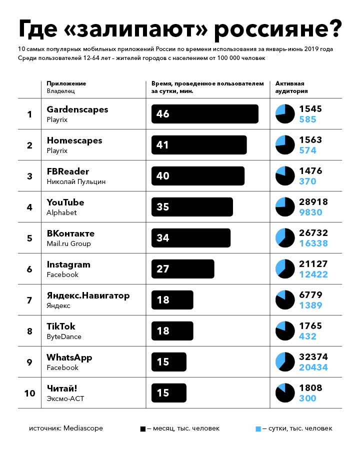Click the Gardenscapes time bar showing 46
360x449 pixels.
tap(204, 114)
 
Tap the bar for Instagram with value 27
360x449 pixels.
tap(182, 269)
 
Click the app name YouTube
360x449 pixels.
tap(65, 202)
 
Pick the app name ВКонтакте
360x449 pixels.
tap(70, 233)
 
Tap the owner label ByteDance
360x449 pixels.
tap(63, 336)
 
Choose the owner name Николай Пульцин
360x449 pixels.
tap(76, 181)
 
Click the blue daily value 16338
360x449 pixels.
tap(313, 243)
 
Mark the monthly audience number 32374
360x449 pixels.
tap(313, 357)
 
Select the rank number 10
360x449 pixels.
tap(29, 393)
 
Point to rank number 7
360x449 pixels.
tap(29, 300)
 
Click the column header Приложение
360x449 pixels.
tap(66, 83)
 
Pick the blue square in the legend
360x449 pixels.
tap(258, 428)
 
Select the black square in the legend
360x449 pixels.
tap(143, 428)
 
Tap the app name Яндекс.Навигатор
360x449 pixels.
tap(88, 295)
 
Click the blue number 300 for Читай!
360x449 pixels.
tap(307, 398)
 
